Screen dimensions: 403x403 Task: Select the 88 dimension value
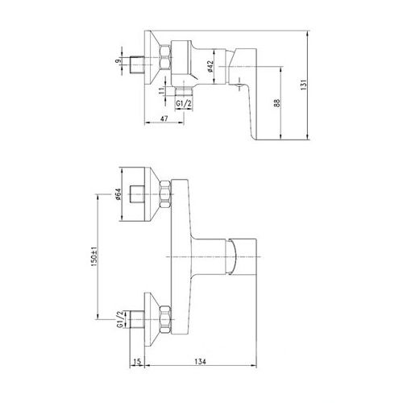click(x=279, y=104)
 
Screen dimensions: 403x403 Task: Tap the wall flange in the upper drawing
click(x=150, y=58)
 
